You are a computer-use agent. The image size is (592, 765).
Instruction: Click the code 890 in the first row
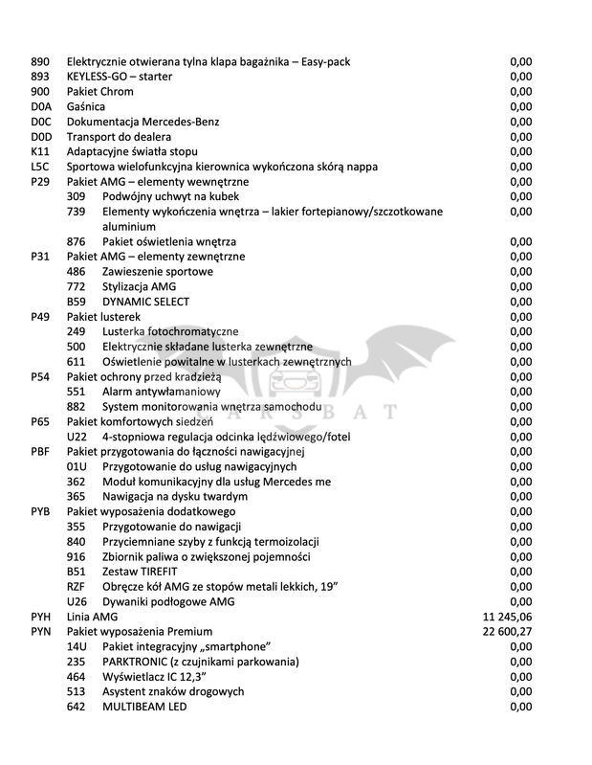pos(40,62)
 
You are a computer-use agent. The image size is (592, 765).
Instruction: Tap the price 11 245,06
pos(508,618)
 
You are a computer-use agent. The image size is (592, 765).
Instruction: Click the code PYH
pos(41,618)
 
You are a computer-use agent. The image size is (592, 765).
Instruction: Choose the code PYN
pos(41,632)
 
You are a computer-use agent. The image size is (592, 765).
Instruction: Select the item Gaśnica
pos(86,106)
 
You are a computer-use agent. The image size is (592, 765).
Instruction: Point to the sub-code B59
pos(77,302)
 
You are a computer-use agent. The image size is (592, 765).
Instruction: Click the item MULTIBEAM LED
pos(144,707)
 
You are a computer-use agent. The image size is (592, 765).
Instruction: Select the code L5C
pos(40,167)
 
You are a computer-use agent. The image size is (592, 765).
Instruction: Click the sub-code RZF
pos(77,587)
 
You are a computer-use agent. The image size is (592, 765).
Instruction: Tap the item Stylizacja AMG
pos(143,286)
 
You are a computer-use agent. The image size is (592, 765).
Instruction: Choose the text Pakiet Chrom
pos(100,92)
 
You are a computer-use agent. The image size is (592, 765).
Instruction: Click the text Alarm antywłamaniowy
pos(162,392)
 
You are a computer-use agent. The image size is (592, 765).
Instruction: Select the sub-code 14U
pos(77,647)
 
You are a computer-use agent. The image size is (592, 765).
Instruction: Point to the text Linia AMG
pos(93,618)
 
